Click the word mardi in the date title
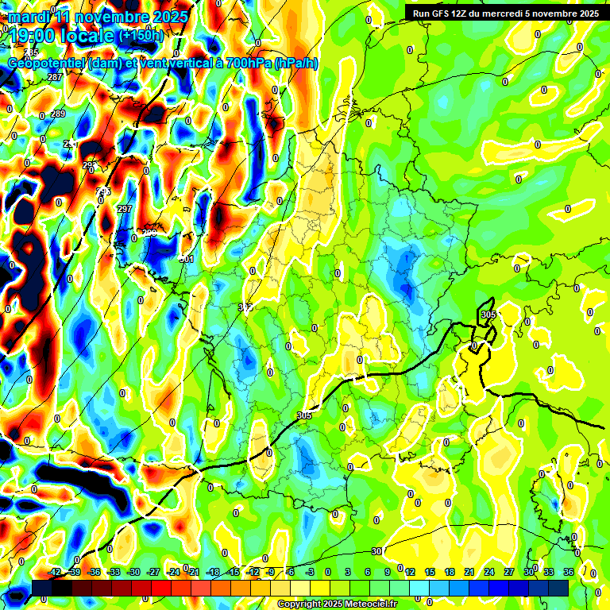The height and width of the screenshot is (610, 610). [29, 17]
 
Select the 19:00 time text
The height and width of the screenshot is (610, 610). [33, 35]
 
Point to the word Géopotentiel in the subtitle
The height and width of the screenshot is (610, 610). [47, 64]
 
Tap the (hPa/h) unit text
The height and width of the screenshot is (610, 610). [295, 64]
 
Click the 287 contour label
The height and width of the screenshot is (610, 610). [55, 77]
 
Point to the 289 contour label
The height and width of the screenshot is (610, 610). [57, 114]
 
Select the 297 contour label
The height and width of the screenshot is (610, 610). [124, 209]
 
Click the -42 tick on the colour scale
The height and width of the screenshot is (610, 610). [55, 572]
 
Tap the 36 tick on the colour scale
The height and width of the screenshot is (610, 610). [569, 572]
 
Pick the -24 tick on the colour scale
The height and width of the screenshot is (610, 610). [173, 572]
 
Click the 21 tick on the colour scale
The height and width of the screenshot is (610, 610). [469, 572]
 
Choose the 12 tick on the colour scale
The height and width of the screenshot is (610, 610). [410, 572]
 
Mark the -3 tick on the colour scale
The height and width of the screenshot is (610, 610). [311, 572]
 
